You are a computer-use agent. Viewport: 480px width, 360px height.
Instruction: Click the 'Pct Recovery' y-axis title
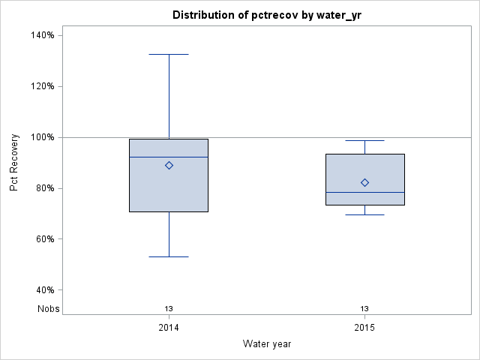[x=14, y=163]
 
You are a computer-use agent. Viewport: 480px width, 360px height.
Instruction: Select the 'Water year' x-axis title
[x=266, y=343]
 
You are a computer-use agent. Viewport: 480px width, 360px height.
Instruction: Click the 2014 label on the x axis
[x=169, y=328]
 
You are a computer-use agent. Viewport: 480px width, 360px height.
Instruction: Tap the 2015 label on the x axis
[x=364, y=328]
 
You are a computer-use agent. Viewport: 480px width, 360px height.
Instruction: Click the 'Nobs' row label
[x=49, y=308]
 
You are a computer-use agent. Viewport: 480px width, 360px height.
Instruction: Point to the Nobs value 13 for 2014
[x=169, y=308]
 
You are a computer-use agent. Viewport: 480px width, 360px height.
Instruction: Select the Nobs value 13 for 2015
[x=364, y=308]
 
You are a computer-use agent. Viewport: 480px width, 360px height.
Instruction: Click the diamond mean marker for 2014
[x=169, y=166]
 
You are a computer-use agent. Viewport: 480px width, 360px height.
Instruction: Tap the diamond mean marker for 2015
[x=364, y=182]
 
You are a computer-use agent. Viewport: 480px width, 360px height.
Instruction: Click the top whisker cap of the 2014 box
[x=169, y=54]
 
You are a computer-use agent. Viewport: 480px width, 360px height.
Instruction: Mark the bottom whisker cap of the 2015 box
[x=364, y=214]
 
